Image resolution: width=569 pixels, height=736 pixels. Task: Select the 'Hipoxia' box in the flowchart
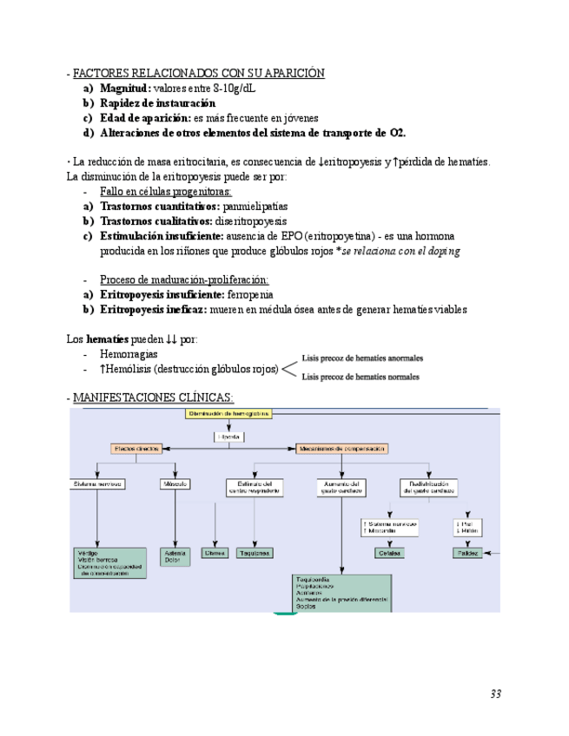[x=229, y=437]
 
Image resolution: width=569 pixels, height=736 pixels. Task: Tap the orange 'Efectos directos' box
[x=135, y=449]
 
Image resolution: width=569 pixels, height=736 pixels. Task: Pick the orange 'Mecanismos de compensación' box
[x=341, y=449]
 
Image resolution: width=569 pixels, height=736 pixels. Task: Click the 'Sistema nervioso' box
[x=97, y=483]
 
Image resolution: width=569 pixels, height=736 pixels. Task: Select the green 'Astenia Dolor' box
[x=176, y=556]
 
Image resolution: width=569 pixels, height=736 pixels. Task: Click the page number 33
[x=495, y=693]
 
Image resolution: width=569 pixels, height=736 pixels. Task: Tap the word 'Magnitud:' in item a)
[x=125, y=89]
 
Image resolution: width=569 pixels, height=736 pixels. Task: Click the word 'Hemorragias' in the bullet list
[x=129, y=354]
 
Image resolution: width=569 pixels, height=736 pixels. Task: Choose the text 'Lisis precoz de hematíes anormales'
[x=362, y=358]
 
